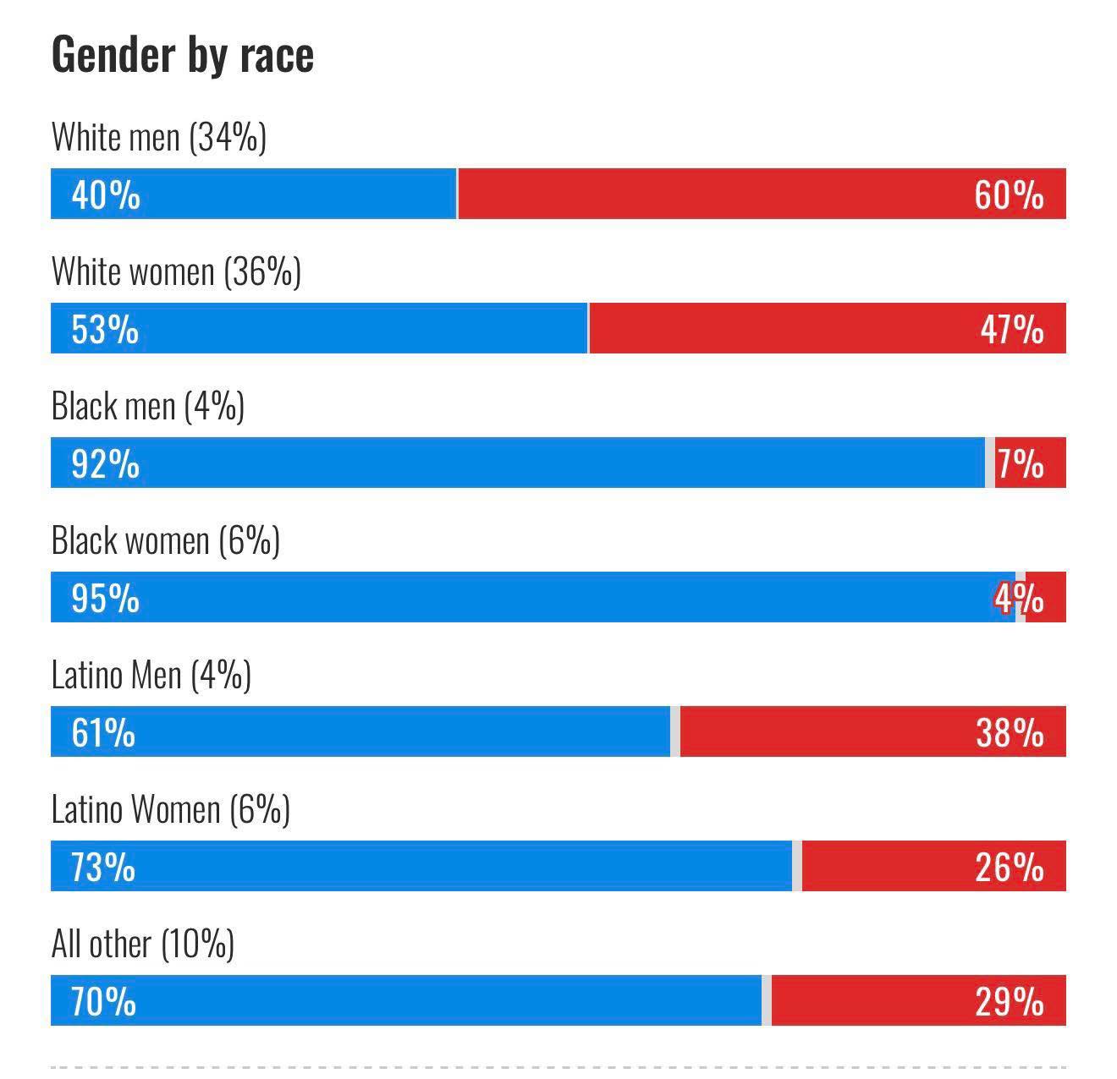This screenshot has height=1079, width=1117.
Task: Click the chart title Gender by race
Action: tap(182, 56)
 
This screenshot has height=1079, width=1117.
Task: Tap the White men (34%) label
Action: tap(158, 137)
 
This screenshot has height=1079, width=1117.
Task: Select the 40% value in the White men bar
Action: tap(106, 194)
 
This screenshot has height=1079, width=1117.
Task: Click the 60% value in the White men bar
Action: tap(1009, 194)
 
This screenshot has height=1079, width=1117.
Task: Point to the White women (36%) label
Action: tap(176, 271)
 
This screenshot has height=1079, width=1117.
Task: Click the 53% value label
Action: tap(105, 329)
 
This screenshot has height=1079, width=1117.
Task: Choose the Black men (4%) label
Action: tap(147, 406)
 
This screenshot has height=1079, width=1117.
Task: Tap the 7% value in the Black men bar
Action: tap(1021, 463)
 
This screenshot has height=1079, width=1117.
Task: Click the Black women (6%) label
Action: tap(165, 540)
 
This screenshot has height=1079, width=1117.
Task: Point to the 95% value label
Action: tap(105, 598)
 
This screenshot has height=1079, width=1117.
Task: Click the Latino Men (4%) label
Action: tap(151, 675)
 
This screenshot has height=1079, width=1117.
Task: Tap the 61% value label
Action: tap(103, 732)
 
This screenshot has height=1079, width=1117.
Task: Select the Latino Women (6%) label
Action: tap(170, 809)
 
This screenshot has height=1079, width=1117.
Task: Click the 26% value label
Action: tap(1009, 867)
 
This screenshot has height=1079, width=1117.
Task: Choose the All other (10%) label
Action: tap(142, 944)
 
